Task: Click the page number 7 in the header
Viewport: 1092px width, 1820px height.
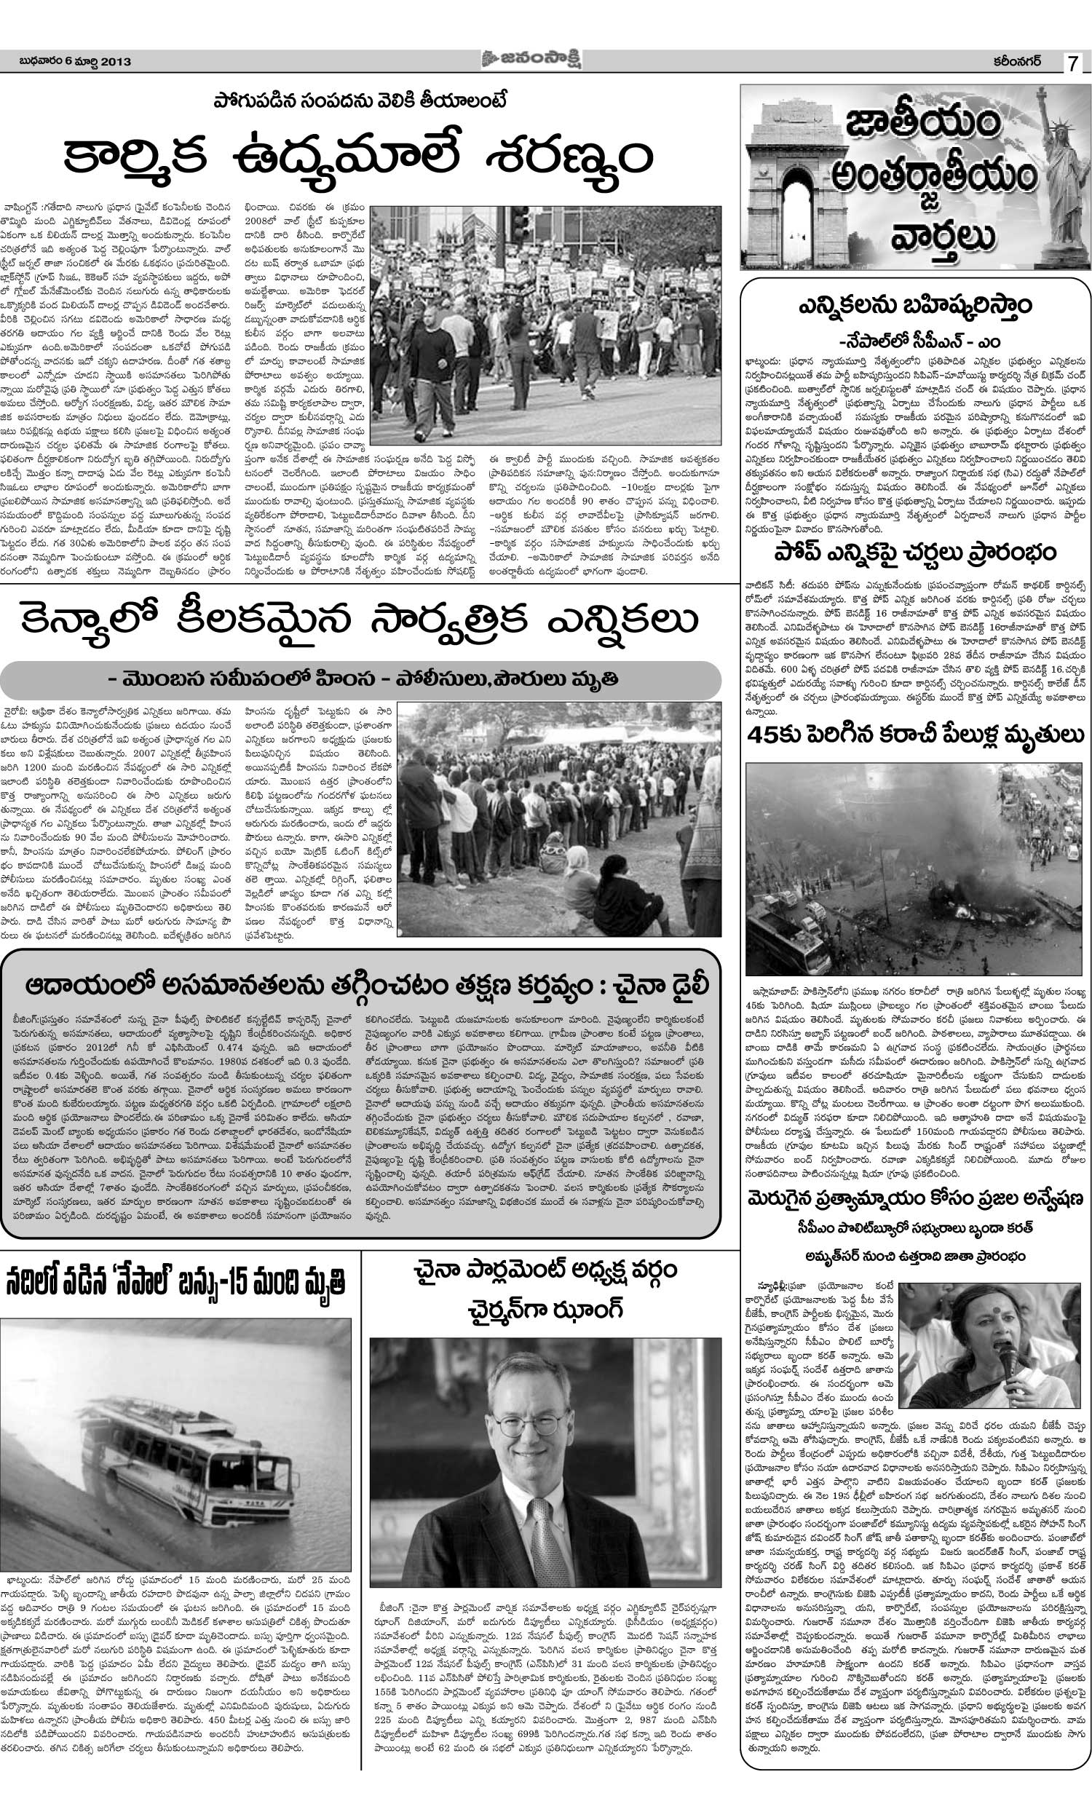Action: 1074,63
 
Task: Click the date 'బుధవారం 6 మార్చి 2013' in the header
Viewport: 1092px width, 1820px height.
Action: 75,63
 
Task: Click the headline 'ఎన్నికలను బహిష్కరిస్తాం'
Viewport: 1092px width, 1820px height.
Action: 914,306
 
